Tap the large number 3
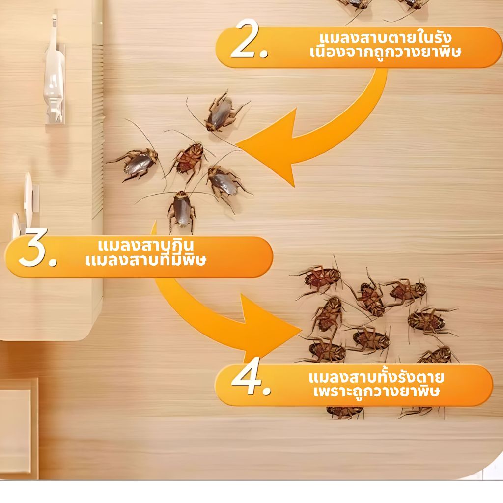(33, 248)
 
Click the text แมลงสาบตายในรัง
(386, 37)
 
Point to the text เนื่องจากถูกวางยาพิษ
(385, 52)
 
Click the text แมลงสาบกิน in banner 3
(145, 246)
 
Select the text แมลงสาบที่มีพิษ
(145, 259)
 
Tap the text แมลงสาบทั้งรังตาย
(376, 377)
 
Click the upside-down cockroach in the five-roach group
(189, 158)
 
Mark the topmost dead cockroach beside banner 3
(321, 278)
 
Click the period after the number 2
(264, 54)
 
